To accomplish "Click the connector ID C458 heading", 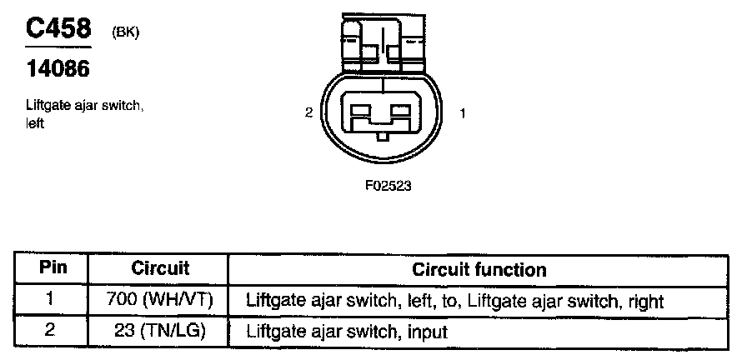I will [x=58, y=29].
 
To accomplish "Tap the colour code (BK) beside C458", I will [x=124, y=32].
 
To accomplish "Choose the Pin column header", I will [x=53, y=269].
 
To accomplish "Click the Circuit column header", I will [x=160, y=269].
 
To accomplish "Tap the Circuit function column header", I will [x=479, y=269].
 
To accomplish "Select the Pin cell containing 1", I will [x=53, y=300].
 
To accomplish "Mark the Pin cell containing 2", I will [x=53, y=330].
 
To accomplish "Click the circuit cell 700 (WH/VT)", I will [x=160, y=300].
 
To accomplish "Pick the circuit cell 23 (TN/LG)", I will [x=160, y=330].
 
